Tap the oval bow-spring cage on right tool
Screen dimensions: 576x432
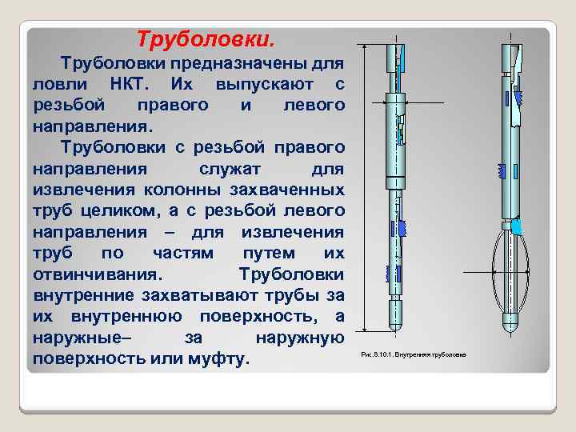510,272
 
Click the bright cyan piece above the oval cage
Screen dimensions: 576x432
517,226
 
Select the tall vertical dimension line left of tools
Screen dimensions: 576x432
364,188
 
